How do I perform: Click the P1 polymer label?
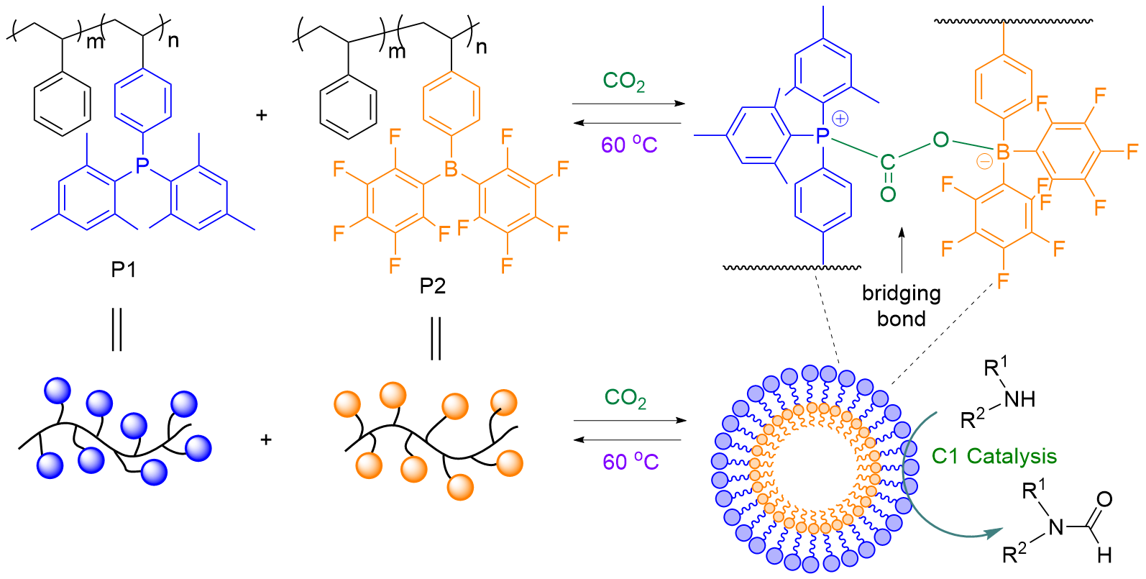tap(123, 270)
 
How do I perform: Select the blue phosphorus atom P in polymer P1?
tap(142, 165)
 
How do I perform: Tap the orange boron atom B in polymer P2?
tap(451, 169)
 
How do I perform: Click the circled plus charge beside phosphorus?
tap(840, 119)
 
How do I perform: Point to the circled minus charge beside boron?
tap(984, 162)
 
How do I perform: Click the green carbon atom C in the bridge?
tap(888, 163)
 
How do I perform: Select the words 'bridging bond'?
tap(901, 306)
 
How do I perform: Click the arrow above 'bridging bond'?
tap(902, 252)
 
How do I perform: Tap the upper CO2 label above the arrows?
tap(623, 81)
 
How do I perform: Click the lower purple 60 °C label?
tap(630, 461)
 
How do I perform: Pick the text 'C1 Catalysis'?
tap(994, 456)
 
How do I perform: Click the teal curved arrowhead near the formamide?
tap(992, 533)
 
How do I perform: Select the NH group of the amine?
tap(1019, 399)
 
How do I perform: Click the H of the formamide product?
tap(1104, 555)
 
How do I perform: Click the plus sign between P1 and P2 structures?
tap(262, 115)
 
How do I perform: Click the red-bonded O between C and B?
tap(940, 140)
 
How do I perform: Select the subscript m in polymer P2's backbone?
tap(397, 51)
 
